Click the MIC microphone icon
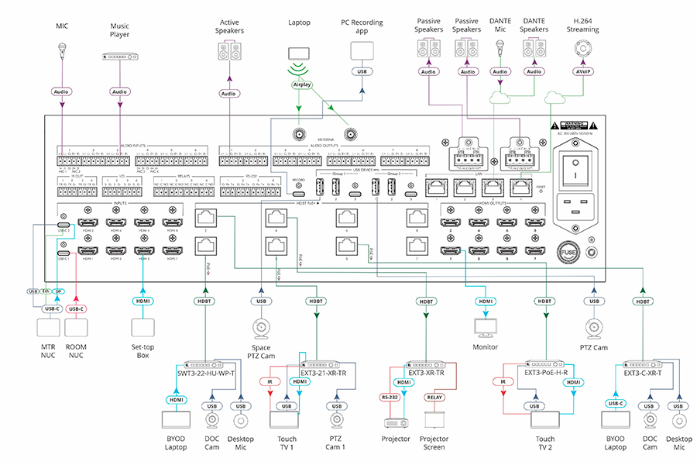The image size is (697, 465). (62, 53)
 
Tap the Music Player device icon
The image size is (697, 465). (119, 57)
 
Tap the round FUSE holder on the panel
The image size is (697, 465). (569, 253)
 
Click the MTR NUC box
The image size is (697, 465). (51, 329)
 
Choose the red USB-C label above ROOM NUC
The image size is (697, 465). (75, 308)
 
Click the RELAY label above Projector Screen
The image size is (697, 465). (434, 397)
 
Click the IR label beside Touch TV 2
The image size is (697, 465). (503, 382)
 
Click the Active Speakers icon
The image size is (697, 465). (228, 52)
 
